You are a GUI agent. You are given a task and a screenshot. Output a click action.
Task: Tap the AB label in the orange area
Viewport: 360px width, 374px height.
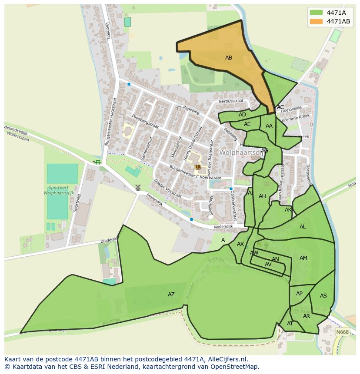tap(228, 58)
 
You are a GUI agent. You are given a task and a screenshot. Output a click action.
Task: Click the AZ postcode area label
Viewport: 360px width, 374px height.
tap(171, 295)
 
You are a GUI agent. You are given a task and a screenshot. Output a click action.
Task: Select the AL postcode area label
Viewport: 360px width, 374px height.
tap(303, 227)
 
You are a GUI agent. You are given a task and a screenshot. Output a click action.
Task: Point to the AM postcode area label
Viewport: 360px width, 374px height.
tap(303, 258)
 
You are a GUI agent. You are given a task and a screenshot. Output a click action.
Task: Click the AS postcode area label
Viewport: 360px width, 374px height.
tap(323, 296)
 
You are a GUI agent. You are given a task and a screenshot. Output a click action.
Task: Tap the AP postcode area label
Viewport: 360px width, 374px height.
tap(299, 294)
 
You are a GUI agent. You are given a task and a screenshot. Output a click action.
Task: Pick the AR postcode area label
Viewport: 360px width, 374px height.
tap(307, 316)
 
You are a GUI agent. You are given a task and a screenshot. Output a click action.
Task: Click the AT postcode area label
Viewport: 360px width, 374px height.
tap(290, 324)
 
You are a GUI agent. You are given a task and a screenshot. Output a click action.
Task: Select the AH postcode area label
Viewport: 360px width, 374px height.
tap(262, 196)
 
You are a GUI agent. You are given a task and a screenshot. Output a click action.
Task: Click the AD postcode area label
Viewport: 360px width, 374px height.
tap(242, 115)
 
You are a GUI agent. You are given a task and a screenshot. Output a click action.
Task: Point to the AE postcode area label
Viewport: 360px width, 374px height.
tap(247, 124)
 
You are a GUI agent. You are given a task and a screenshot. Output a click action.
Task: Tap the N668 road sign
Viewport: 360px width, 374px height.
tap(342, 332)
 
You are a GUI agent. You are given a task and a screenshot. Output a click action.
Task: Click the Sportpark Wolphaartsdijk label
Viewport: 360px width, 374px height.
tap(61, 190)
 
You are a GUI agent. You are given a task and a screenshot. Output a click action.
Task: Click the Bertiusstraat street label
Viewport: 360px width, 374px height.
tap(231, 101)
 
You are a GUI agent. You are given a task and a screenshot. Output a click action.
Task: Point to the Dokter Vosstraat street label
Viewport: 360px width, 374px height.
tap(168, 189)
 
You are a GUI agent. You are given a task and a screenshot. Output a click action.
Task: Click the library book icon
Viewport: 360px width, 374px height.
tap(198, 167)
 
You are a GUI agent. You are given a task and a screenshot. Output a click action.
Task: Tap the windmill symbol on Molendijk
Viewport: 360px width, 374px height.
tap(138, 188)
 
